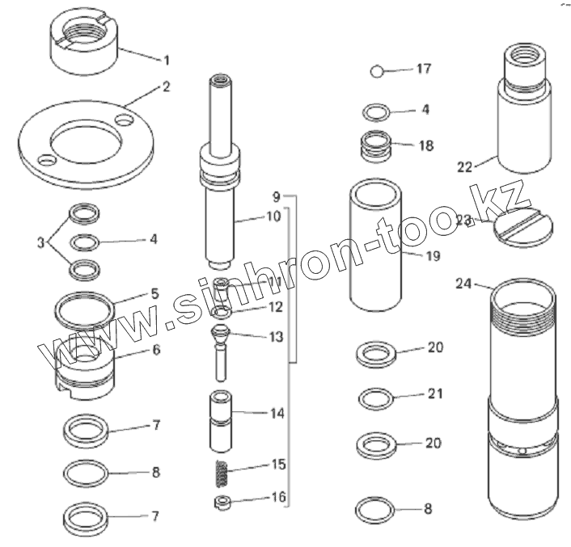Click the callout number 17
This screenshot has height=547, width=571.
(x=424, y=69)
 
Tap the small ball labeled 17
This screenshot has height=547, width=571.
(x=377, y=71)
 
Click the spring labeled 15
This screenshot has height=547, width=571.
(x=222, y=474)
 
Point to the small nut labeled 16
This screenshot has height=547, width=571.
(x=222, y=503)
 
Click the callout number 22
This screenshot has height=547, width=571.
(x=465, y=167)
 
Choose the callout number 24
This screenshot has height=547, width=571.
(x=463, y=284)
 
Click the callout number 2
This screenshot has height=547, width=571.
(x=166, y=86)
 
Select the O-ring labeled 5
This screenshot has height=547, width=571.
(x=84, y=311)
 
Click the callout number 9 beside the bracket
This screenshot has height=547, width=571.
(x=277, y=197)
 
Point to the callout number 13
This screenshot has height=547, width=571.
(x=277, y=337)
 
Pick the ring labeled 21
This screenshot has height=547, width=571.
(x=377, y=398)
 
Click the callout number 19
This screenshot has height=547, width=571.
(x=433, y=256)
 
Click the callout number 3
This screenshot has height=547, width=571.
(x=40, y=242)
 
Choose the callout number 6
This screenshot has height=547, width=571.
(x=156, y=350)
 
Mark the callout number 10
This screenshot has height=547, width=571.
(x=274, y=217)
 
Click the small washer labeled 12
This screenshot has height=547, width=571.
(x=222, y=313)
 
